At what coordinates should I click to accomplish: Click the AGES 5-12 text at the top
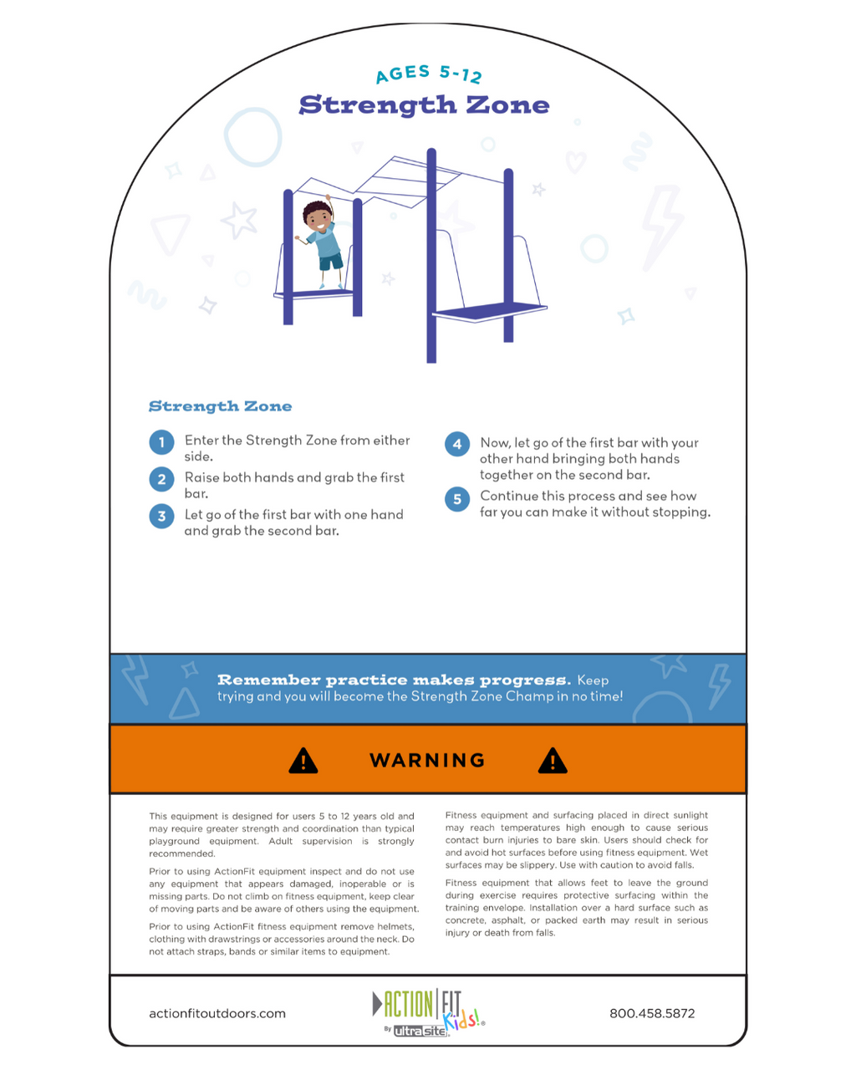tap(429, 74)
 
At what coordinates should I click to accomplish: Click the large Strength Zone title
tap(424, 105)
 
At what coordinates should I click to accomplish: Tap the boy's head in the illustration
tap(318, 217)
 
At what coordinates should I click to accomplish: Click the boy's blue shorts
tap(331, 261)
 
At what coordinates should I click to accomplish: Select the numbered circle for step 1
tap(161, 441)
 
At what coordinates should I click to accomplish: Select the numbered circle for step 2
tap(161, 479)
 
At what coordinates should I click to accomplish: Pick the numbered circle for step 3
tap(161, 516)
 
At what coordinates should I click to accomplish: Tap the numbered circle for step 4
tap(456, 444)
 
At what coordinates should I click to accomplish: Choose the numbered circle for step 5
tap(456, 499)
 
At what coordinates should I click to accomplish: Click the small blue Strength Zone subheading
tap(220, 406)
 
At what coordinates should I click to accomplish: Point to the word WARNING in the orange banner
tap(427, 760)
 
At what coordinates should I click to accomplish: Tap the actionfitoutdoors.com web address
tap(217, 1013)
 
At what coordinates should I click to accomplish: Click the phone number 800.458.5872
tap(652, 1013)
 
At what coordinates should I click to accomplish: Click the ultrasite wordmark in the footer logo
tap(420, 1031)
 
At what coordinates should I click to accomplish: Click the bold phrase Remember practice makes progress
tap(394, 680)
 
